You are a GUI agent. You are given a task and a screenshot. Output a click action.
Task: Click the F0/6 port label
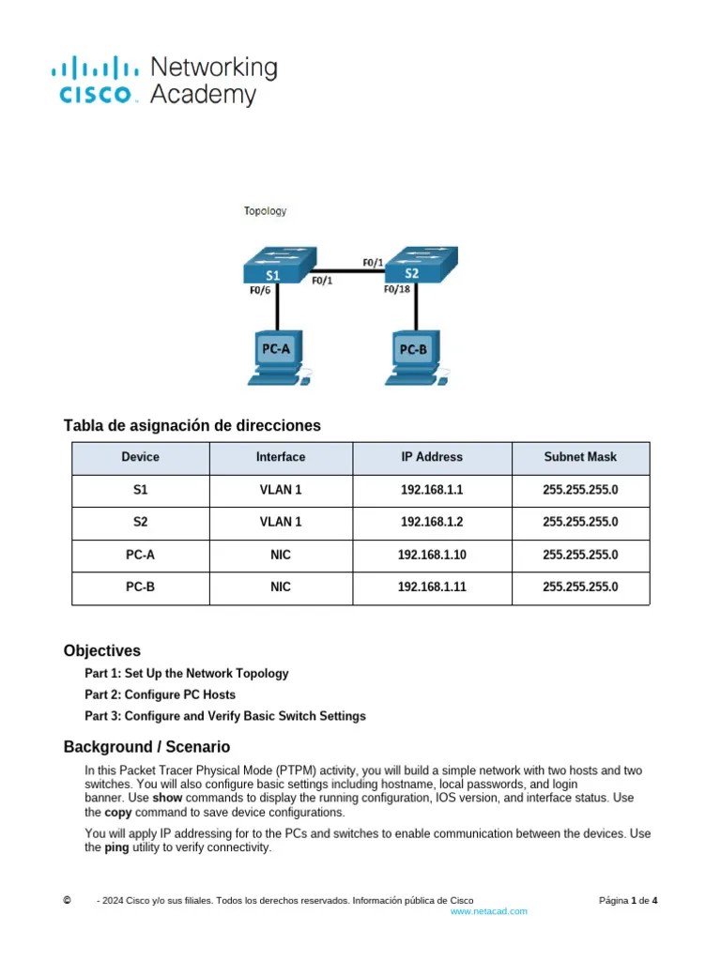pyautogui.click(x=260, y=291)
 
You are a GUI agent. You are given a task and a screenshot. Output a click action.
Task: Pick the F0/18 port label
pyautogui.click(x=398, y=290)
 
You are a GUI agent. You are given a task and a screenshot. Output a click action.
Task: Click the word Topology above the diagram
pyautogui.click(x=265, y=211)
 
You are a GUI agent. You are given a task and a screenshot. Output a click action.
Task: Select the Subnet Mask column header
pyautogui.click(x=580, y=457)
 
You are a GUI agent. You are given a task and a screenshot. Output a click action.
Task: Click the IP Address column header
pyautogui.click(x=432, y=457)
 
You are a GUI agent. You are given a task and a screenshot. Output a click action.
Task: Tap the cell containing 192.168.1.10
pyautogui.click(x=432, y=555)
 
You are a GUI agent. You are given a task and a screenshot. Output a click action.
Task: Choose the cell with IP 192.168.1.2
pyautogui.click(x=432, y=522)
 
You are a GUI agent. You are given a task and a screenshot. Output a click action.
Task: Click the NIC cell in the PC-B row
pyautogui.click(x=280, y=587)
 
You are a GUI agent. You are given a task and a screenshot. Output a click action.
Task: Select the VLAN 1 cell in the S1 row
pyautogui.click(x=280, y=490)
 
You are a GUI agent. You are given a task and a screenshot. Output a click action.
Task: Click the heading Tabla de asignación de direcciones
pyautogui.click(x=192, y=425)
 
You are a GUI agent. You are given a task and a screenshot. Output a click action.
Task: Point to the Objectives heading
pyautogui.click(x=101, y=650)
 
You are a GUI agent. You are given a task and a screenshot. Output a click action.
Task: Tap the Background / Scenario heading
pyautogui.click(x=146, y=747)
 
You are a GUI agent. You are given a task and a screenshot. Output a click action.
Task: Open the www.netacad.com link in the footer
pyautogui.click(x=488, y=911)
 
